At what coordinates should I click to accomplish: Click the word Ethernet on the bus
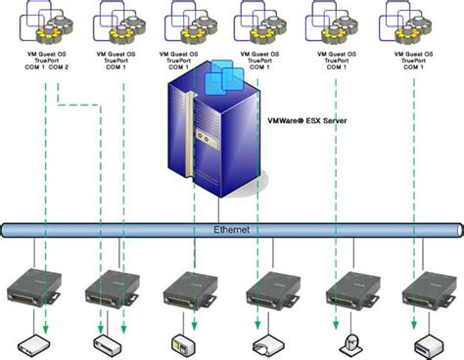pos(233,230)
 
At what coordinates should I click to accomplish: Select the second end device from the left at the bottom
pos(106,343)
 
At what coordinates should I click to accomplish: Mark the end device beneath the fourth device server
pos(265,343)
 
